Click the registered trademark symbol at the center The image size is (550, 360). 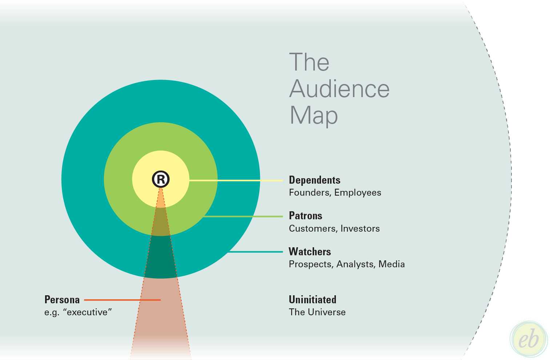click(x=161, y=179)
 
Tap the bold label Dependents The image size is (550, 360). click(x=314, y=180)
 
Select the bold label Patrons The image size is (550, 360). click(x=305, y=216)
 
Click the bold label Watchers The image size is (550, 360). click(x=310, y=252)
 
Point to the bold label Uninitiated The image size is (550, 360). click(x=312, y=300)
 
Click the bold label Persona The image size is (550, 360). click(x=62, y=300)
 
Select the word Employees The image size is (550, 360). click(x=358, y=193)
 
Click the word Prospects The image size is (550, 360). click(x=311, y=264)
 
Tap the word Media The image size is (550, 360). click(x=392, y=264)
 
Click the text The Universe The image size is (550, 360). click(x=317, y=312)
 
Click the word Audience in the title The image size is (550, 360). click(x=339, y=89)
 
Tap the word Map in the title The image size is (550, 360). click(x=313, y=116)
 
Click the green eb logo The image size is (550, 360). click(x=529, y=339)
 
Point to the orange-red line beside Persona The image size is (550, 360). click(x=122, y=300)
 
